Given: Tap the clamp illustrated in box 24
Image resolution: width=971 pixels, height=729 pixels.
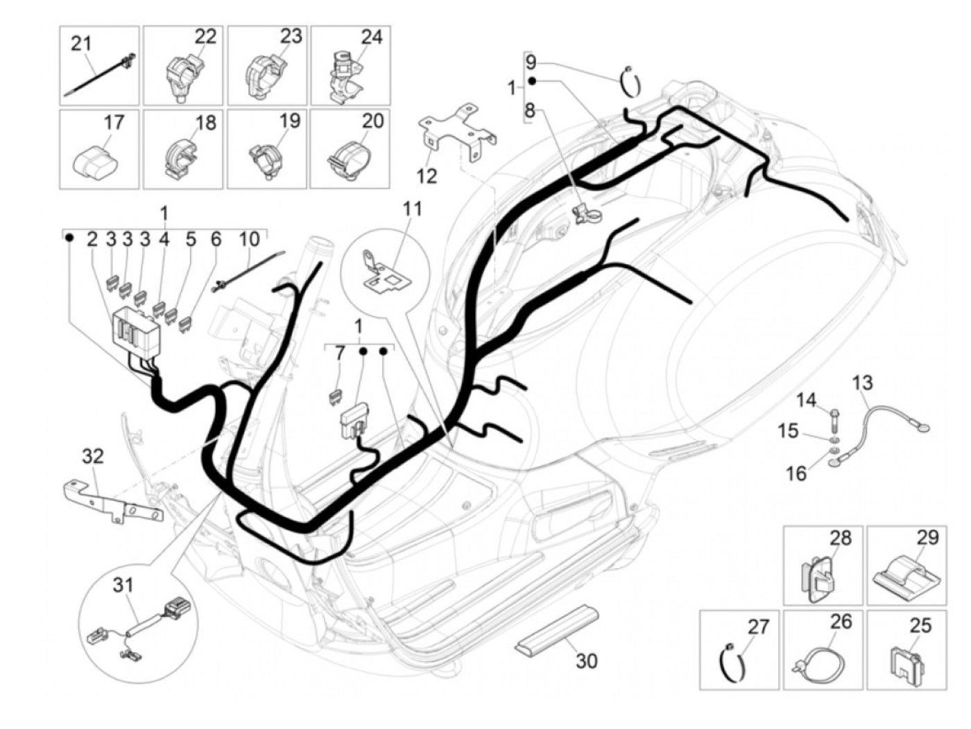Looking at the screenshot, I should pyautogui.click(x=345, y=75).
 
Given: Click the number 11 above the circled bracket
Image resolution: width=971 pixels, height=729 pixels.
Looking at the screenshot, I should pyautogui.click(x=412, y=209).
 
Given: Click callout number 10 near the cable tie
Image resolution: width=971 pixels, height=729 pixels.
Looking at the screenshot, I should pyautogui.click(x=249, y=239).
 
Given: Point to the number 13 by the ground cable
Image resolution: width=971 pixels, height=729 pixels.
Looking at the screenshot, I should pyautogui.click(x=862, y=383).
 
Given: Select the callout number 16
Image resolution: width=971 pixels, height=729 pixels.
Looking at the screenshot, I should pyautogui.click(x=796, y=473).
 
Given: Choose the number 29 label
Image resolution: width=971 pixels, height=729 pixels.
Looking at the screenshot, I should pyautogui.click(x=927, y=537).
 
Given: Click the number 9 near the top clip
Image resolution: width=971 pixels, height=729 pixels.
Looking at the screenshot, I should pyautogui.click(x=531, y=62).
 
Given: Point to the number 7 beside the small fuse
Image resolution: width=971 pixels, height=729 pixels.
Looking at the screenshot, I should pyautogui.click(x=340, y=354).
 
